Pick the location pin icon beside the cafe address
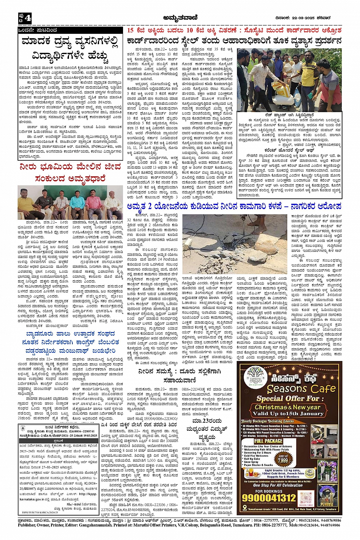[245, 509]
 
